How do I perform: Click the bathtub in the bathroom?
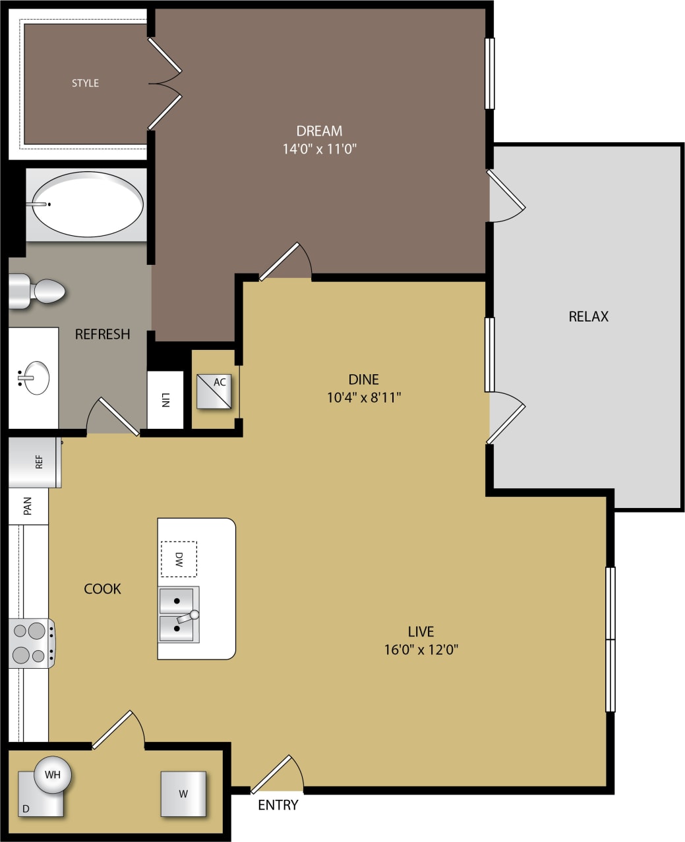[x=87, y=204]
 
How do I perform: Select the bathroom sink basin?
[x=36, y=378]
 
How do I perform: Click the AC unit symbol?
[x=214, y=391]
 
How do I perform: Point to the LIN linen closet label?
[x=165, y=400]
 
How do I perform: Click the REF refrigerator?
[x=36, y=462]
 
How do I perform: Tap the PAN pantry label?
[x=28, y=506]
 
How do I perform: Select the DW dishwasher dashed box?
[x=179, y=559]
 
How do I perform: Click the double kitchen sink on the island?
[x=178, y=615]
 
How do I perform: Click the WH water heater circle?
[x=53, y=774]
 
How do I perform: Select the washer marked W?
[x=183, y=794]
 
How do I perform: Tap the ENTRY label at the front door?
[x=278, y=805]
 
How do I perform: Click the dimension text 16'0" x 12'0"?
[x=421, y=650]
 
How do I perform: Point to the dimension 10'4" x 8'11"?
[x=364, y=397]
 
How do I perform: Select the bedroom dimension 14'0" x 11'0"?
[x=320, y=149]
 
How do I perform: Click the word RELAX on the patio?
[x=588, y=316]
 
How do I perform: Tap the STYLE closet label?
[x=85, y=83]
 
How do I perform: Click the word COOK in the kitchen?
[x=102, y=588]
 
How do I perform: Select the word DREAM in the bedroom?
[x=319, y=130]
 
